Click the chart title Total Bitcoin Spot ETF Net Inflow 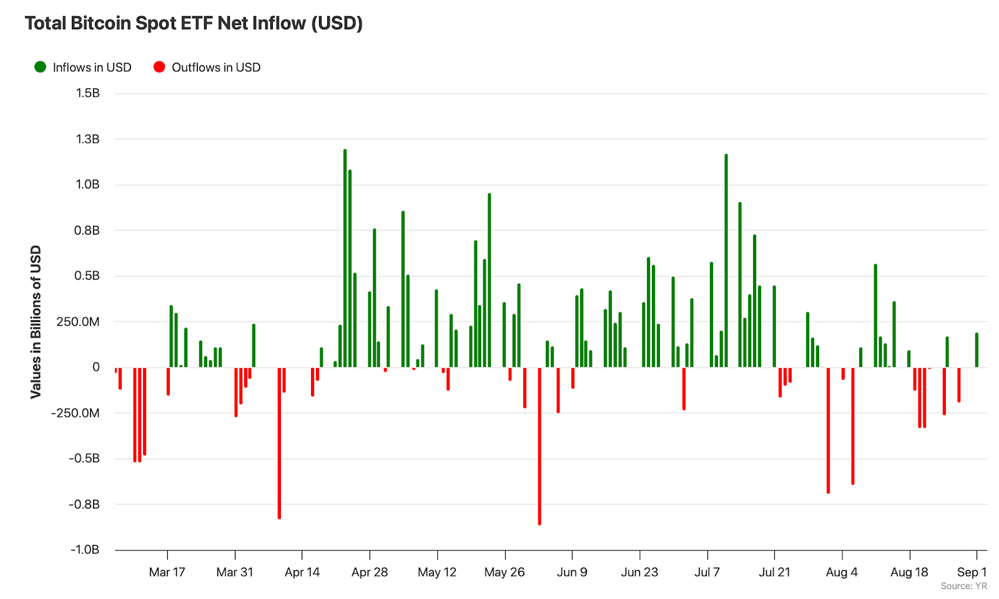194,23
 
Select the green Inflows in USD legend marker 41,67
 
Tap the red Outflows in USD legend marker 159,67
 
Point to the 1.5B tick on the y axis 87,94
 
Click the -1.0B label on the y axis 84,550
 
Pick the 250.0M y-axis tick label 78,322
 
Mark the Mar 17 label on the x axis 167,572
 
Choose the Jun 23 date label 639,572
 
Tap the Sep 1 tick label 972,572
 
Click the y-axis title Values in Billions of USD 36,321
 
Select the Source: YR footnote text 963,587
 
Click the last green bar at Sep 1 977,350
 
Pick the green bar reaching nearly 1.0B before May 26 490,281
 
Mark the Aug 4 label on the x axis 842,572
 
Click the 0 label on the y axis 96,368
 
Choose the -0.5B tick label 84,459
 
